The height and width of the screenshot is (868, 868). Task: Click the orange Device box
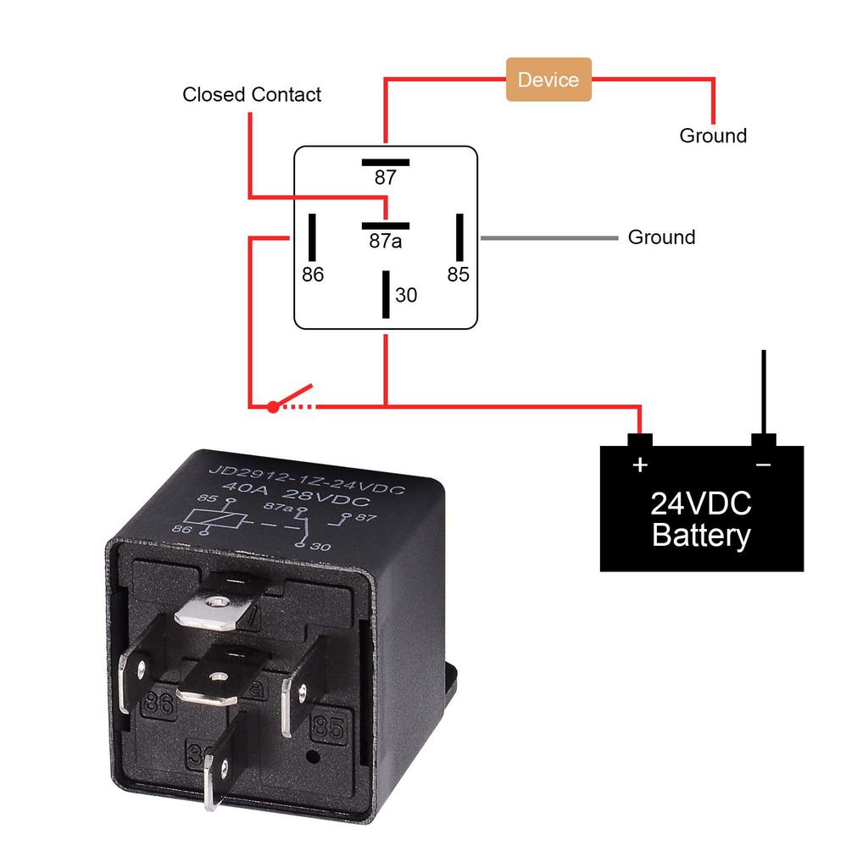(x=548, y=80)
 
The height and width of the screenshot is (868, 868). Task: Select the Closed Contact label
(x=252, y=94)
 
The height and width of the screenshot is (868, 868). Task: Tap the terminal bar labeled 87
(x=386, y=162)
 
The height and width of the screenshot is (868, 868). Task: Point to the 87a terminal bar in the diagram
(x=386, y=226)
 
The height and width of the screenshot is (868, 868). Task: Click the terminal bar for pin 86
(x=312, y=237)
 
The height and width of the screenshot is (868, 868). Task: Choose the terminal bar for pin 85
(x=459, y=237)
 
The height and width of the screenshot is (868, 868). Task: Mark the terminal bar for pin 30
(x=386, y=294)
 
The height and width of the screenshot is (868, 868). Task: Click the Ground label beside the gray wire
(x=661, y=237)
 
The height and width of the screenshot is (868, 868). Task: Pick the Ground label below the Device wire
(x=713, y=136)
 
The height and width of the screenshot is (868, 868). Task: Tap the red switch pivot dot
(x=272, y=407)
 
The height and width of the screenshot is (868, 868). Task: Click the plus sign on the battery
(x=640, y=465)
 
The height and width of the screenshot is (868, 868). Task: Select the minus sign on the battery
(x=763, y=465)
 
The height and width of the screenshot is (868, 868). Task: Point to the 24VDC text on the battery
(x=701, y=504)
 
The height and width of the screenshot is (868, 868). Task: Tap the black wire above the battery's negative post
(x=764, y=390)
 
